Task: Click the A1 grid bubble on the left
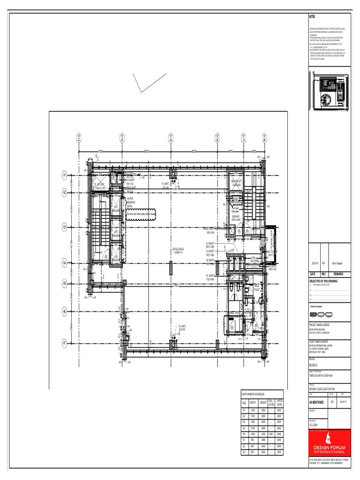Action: point(64,175)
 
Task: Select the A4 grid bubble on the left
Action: point(64,263)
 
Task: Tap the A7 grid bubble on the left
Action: point(64,343)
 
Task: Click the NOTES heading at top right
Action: point(312,16)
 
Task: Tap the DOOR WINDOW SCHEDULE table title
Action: point(253,394)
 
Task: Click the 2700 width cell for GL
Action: point(252,428)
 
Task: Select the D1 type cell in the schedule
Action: point(244,410)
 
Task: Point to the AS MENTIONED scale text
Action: point(317,402)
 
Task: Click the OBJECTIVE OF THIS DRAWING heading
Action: point(323,281)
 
